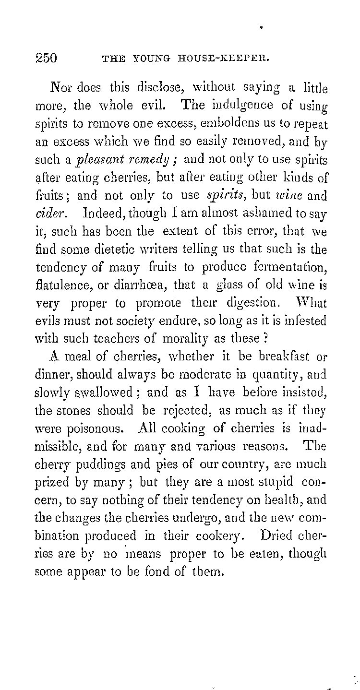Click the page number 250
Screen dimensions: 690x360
[46, 59]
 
